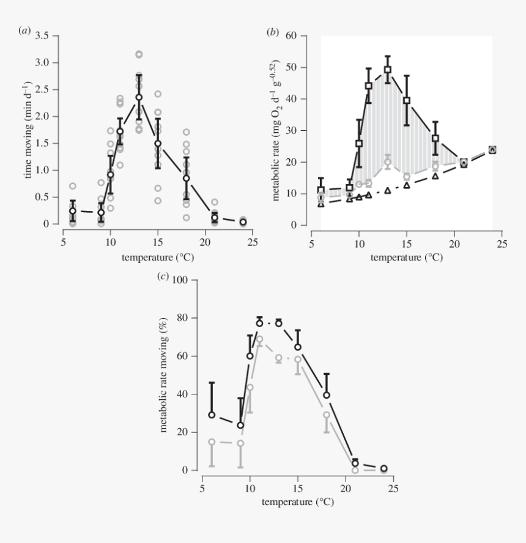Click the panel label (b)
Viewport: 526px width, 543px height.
pyautogui.click(x=273, y=31)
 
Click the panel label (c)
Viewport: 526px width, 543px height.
pyautogui.click(x=163, y=276)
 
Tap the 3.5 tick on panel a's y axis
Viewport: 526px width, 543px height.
pyautogui.click(x=42, y=36)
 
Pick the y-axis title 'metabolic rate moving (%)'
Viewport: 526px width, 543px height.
pyautogui.click(x=165, y=375)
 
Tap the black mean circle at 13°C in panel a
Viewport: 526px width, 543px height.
pyautogui.click(x=139, y=97)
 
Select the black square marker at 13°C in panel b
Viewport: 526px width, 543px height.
pyautogui.click(x=387, y=70)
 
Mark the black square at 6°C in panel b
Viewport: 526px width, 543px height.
pyautogui.click(x=321, y=190)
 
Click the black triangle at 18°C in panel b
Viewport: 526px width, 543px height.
pyautogui.click(x=435, y=176)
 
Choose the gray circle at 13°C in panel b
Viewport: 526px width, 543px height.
pyautogui.click(x=387, y=162)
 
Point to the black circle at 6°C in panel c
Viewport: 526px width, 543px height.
pyautogui.click(x=212, y=415)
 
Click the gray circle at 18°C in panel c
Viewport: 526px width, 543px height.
pyautogui.click(x=327, y=415)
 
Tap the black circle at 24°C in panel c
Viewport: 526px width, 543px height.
pyautogui.click(x=383, y=468)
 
